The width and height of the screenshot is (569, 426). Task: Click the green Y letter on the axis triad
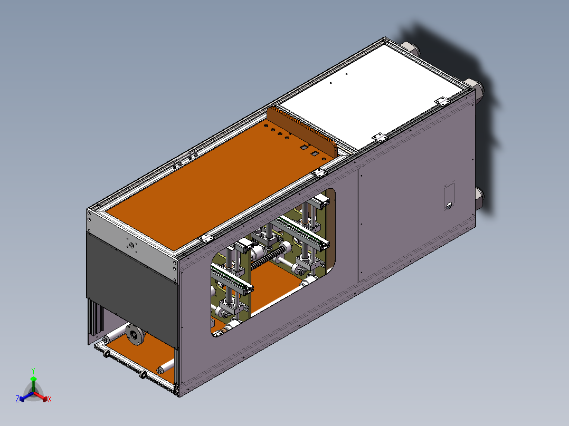[x=33, y=371]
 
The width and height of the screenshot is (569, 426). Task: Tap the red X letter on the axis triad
[x=49, y=399]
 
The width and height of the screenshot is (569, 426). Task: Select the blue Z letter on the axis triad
[x=17, y=399]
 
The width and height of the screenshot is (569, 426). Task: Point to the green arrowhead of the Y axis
[x=33, y=379]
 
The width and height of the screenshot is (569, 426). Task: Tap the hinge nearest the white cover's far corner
[x=441, y=100]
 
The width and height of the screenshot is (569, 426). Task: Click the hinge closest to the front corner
[x=206, y=238]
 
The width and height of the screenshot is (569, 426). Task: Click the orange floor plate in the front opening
[x=137, y=356]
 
